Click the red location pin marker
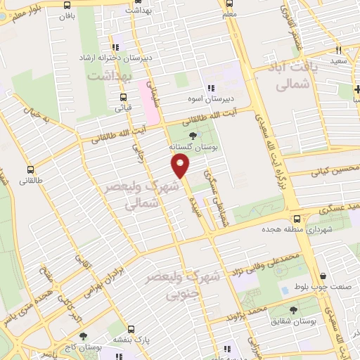(x=181, y=165)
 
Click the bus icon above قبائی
(x=124, y=98)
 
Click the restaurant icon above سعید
(x=338, y=50)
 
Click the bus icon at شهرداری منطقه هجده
(x=298, y=219)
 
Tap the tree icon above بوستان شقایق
(x=293, y=309)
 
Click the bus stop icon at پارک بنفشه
(x=131, y=328)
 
